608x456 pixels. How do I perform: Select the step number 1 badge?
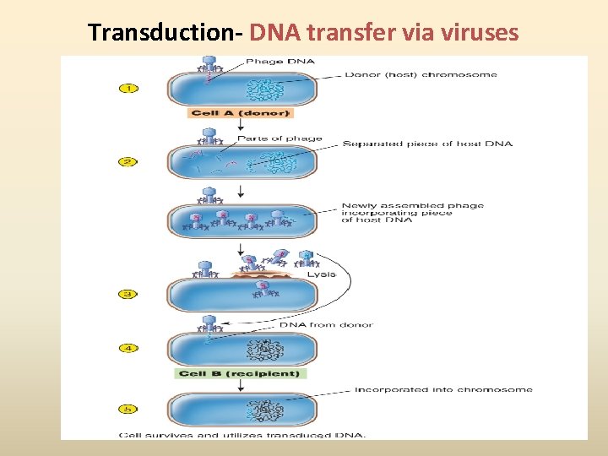pos(127,88)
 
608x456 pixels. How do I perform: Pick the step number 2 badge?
pos(127,161)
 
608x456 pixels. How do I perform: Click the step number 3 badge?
pos(127,295)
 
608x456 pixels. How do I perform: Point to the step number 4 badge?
pos(127,348)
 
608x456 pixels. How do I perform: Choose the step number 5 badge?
pos(127,410)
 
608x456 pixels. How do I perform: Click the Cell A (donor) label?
pos(241,113)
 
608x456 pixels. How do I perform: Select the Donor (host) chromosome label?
pos(421,74)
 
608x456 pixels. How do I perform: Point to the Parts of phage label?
pos(280,138)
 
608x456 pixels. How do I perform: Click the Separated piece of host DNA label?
pos(426,144)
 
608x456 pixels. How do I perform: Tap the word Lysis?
pos(322,274)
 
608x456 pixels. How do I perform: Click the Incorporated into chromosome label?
pos(442,389)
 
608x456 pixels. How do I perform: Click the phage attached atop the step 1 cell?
pos(209,65)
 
